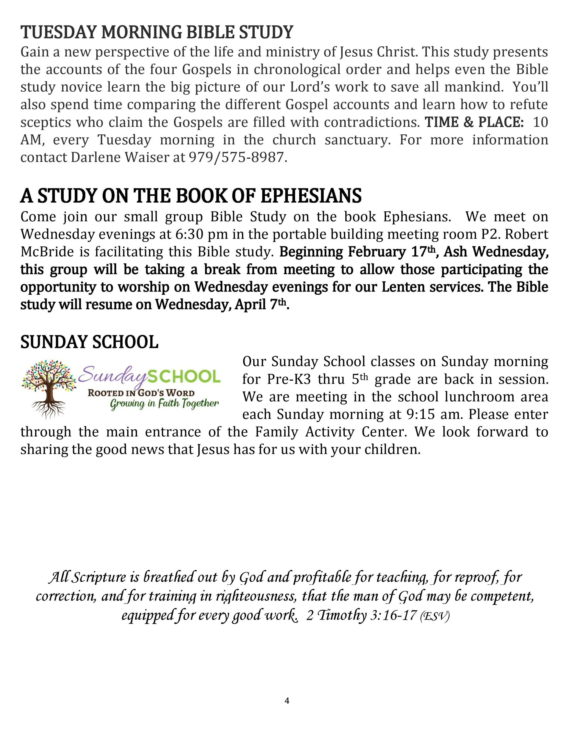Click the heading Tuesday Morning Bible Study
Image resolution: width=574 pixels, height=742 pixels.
(x=157, y=33)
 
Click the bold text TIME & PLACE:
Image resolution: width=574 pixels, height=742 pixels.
(x=474, y=122)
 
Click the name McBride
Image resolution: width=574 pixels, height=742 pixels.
(x=47, y=252)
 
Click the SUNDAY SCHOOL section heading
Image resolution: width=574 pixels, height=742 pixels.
(x=90, y=342)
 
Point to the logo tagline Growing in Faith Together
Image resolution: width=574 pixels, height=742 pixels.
(x=164, y=404)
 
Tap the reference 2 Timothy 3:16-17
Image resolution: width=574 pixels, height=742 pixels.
(x=361, y=616)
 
